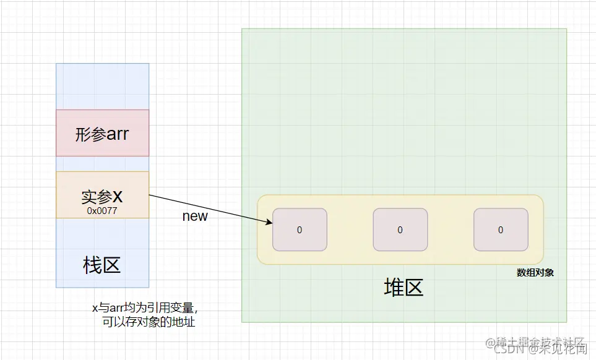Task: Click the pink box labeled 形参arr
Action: point(102,133)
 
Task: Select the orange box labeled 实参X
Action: point(102,195)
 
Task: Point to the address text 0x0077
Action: point(102,211)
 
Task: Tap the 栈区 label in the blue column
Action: point(102,265)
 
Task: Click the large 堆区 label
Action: point(404,288)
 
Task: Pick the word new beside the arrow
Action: point(195,216)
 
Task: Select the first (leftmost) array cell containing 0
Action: point(300,229)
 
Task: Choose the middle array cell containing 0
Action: point(400,229)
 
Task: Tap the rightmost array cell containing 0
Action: point(501,229)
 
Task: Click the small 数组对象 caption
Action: point(535,272)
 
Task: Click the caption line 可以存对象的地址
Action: point(149,322)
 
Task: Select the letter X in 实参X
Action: point(117,197)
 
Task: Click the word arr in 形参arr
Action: point(118,134)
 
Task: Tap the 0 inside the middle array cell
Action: point(400,230)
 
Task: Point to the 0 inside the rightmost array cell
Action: point(501,230)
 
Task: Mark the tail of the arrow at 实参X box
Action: point(150,195)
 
